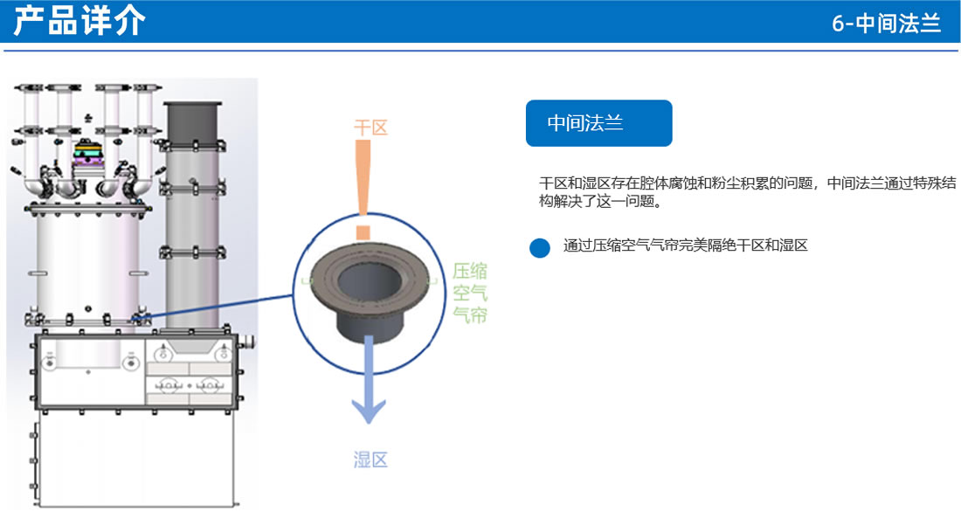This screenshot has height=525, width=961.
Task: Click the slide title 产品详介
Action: (80, 22)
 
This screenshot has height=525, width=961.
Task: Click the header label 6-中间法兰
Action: (886, 24)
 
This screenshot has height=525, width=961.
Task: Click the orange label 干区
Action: (370, 128)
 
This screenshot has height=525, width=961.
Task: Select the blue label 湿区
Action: (370, 459)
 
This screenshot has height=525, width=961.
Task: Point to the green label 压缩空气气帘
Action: (470, 294)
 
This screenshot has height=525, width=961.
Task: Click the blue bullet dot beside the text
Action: (540, 247)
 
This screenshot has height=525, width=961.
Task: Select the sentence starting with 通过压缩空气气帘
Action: (685, 245)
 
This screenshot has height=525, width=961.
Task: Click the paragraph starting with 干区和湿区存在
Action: (747, 193)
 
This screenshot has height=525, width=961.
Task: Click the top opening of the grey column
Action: (190, 105)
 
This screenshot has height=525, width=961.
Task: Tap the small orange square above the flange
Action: (364, 231)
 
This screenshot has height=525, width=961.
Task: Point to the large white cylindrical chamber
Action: (87, 266)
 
